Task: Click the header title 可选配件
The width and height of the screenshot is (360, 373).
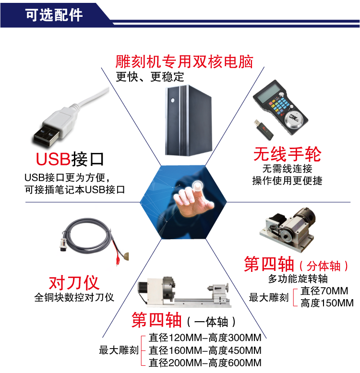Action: (x=54, y=15)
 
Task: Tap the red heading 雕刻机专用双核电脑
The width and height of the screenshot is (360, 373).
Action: (x=184, y=62)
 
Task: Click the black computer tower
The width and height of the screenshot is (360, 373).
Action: (x=189, y=121)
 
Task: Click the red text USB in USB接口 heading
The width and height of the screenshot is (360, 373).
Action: (x=53, y=159)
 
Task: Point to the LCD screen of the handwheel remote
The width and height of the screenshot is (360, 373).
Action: (x=269, y=93)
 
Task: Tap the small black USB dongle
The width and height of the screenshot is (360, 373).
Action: (x=264, y=129)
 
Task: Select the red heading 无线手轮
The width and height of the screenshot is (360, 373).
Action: (x=287, y=154)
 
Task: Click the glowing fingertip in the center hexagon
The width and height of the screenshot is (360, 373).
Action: (x=197, y=186)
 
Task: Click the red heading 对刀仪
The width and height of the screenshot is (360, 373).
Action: (x=74, y=282)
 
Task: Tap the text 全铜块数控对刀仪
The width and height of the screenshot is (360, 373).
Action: (x=74, y=297)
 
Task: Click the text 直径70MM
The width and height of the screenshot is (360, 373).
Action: (x=324, y=291)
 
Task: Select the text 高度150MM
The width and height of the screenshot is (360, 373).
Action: (x=327, y=303)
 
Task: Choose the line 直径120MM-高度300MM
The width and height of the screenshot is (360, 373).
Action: (x=205, y=338)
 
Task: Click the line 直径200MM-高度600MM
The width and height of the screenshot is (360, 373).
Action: (x=205, y=363)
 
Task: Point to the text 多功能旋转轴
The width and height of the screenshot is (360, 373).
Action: (x=298, y=279)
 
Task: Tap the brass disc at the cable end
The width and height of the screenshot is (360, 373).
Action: (x=126, y=256)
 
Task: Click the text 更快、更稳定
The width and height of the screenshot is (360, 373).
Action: (x=150, y=77)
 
